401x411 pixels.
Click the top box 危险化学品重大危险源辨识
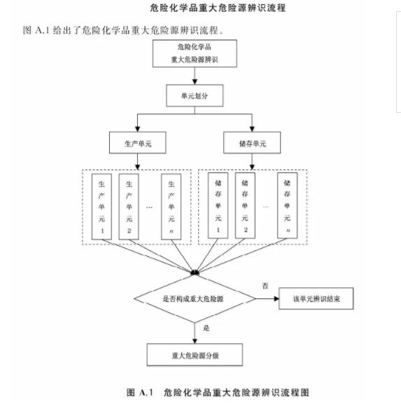click(x=195, y=53)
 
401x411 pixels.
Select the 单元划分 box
click(x=195, y=95)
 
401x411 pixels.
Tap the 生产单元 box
click(x=137, y=143)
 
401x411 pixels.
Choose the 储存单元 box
click(x=252, y=143)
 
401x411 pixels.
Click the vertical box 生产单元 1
click(x=101, y=207)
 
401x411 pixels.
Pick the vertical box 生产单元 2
click(x=129, y=207)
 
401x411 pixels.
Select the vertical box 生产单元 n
click(x=171, y=207)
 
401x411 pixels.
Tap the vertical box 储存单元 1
click(x=218, y=206)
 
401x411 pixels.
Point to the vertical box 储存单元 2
click(x=245, y=206)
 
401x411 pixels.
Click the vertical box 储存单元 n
click(x=288, y=206)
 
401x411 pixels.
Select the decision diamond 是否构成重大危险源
click(x=195, y=298)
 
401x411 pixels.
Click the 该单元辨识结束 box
click(x=316, y=298)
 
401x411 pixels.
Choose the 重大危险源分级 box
click(x=195, y=355)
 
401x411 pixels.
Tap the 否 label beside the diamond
click(x=265, y=286)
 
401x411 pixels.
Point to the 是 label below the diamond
click(x=206, y=328)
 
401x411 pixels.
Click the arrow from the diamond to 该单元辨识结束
click(x=267, y=298)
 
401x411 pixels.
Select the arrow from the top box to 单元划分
click(x=195, y=76)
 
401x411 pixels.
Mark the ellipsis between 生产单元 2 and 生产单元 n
click(x=149, y=207)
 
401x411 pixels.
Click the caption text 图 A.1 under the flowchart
click(x=140, y=392)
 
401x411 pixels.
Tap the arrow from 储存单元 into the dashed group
click(x=252, y=162)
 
